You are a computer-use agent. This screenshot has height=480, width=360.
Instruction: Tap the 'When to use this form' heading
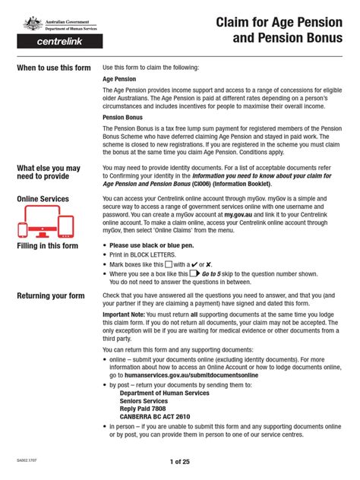coord(54,68)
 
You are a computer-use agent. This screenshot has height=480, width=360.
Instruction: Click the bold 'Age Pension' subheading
coord(121,78)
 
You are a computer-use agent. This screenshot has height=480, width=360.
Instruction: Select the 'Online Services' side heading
coord(43,199)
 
